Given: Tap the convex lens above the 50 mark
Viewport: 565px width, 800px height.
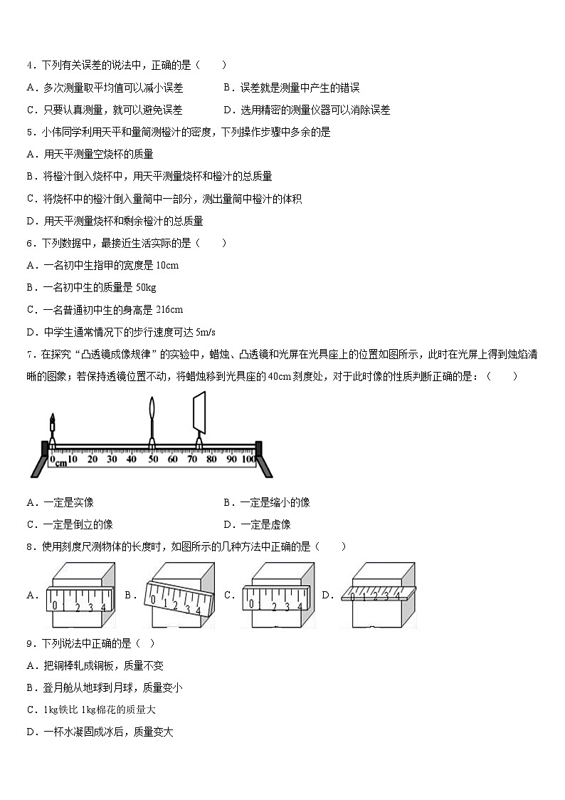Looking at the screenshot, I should pos(153,417).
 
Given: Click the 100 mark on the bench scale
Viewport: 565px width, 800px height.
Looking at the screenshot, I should pos(249,459).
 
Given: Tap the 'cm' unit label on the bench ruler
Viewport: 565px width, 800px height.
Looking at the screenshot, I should pos(60,464).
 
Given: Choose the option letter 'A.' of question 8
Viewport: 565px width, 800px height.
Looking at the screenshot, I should pos(32,596).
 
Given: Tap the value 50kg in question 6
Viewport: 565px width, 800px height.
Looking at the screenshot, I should pos(145,287).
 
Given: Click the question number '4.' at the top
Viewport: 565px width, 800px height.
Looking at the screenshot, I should pos(31,66).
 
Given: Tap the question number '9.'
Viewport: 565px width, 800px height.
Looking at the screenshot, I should pos(31,643).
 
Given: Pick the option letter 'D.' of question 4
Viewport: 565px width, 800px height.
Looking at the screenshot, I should pos(228,110).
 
